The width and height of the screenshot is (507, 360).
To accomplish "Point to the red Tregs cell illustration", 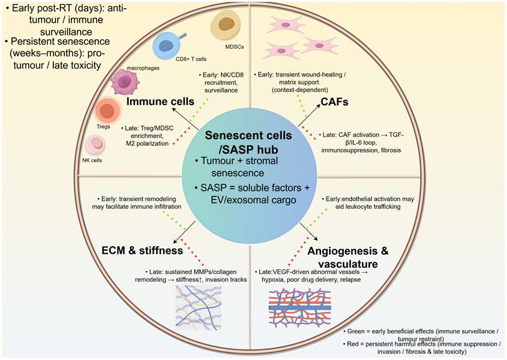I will click(106, 111).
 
